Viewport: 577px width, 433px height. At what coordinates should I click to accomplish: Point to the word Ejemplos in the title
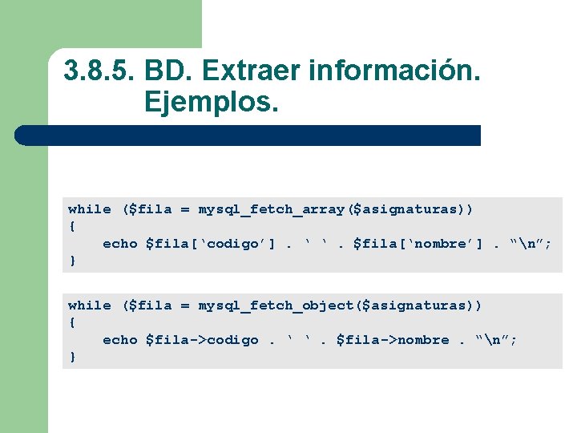tap(211, 102)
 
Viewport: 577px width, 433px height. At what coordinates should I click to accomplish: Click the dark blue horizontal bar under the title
tap(248, 136)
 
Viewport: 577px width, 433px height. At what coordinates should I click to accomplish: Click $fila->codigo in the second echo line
tap(202, 340)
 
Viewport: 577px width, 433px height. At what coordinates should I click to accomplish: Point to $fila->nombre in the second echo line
tap(393, 340)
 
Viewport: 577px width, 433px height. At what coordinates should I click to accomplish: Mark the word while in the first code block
tap(90, 209)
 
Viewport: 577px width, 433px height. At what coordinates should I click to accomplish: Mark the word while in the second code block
tap(90, 306)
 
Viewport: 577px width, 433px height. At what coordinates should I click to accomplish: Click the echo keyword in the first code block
tap(120, 244)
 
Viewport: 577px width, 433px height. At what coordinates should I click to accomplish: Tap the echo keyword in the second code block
tap(120, 340)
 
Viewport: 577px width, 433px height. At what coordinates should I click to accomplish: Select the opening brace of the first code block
tap(73, 226)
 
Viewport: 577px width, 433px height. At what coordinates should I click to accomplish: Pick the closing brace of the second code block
tap(73, 357)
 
